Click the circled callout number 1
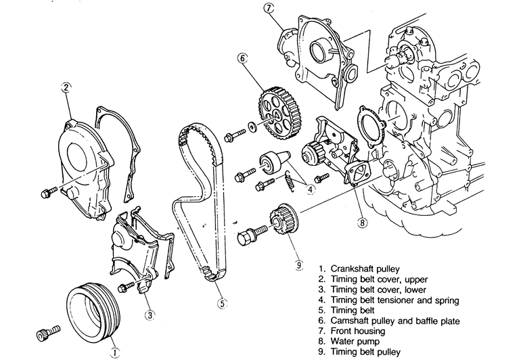click(x=114, y=353)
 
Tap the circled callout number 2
click(x=66, y=87)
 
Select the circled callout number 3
click(x=150, y=314)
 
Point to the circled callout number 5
click(x=222, y=303)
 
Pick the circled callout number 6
click(x=242, y=58)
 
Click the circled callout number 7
click(x=269, y=8)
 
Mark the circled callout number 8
click(x=362, y=222)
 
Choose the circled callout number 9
click(x=299, y=265)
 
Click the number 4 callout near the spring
click(x=310, y=189)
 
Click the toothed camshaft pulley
click(x=275, y=114)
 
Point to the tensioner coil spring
click(x=290, y=179)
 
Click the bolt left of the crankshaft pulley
click(x=49, y=333)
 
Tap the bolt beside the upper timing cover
click(x=49, y=192)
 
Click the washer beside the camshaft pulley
click(x=252, y=127)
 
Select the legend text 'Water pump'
click(x=355, y=342)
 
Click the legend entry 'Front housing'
click(x=358, y=331)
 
